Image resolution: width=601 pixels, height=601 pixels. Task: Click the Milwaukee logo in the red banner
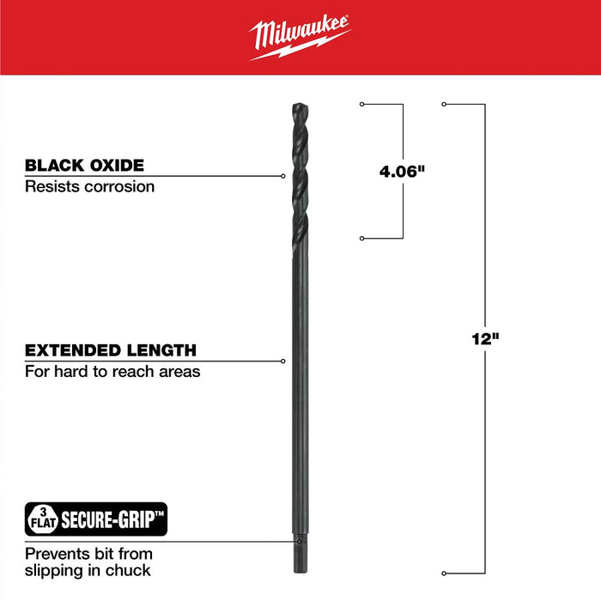click(x=300, y=39)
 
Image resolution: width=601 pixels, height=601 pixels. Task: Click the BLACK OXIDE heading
click(x=84, y=166)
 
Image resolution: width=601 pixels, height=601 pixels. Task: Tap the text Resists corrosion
click(x=89, y=185)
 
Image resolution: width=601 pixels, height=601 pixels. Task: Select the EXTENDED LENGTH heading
click(x=110, y=350)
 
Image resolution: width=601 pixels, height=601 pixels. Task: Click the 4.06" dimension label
click(x=403, y=172)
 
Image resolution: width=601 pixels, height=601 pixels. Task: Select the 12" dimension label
click(x=486, y=339)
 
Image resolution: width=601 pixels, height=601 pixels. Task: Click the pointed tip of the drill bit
click(x=298, y=106)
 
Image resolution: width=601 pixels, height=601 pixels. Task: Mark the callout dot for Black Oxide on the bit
click(x=283, y=176)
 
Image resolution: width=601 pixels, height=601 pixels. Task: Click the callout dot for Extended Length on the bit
click(x=283, y=361)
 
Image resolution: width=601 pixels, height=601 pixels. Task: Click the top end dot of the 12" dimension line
click(x=443, y=105)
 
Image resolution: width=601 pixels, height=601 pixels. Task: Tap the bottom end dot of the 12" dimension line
click(x=443, y=573)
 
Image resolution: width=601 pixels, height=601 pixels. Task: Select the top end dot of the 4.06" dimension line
click(x=361, y=105)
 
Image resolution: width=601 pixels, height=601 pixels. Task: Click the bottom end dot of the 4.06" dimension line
click(x=361, y=238)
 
